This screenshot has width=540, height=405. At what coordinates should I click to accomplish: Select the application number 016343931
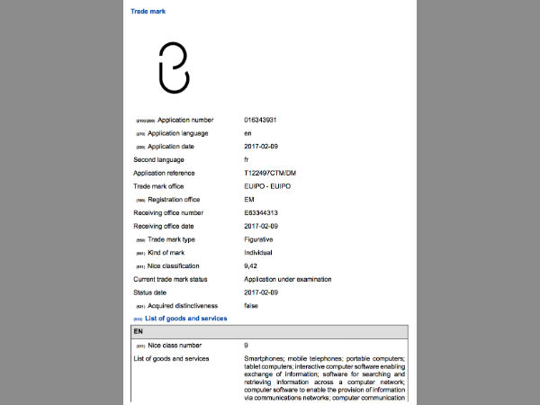tap(265, 120)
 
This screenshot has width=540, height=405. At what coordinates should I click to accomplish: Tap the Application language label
tap(177, 133)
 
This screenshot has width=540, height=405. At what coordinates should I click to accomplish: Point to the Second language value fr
tap(247, 159)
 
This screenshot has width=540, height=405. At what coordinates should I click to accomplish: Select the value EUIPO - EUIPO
tap(267, 186)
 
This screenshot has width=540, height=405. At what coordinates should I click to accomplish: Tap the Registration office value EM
tap(249, 200)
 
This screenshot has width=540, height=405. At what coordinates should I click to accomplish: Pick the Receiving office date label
tap(167, 226)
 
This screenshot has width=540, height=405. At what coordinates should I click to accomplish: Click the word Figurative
tap(258, 239)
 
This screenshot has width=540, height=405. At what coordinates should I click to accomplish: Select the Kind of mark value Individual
tap(259, 253)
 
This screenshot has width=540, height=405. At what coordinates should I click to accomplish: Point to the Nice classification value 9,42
tap(252, 266)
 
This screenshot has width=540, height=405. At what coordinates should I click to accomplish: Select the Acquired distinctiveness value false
tap(252, 306)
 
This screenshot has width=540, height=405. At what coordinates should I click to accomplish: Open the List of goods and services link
tap(186, 319)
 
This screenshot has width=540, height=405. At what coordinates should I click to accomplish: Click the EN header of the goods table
tap(139, 332)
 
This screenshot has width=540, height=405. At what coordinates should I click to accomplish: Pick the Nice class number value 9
tap(247, 346)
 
